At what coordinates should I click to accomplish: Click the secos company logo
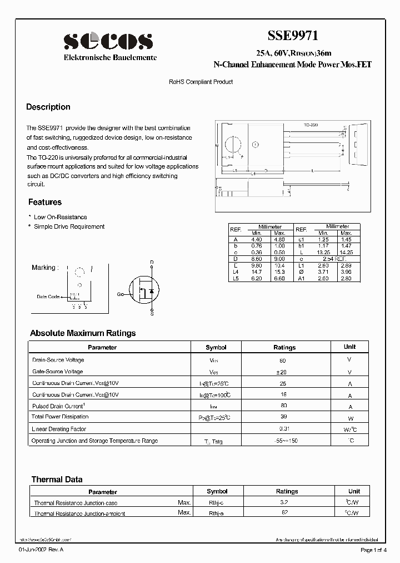coord(108,41)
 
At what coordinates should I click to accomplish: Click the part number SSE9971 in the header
coord(293,36)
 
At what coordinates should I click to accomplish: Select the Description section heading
coord(48,107)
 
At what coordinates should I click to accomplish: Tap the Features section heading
coord(45,202)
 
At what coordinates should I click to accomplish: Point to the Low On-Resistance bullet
coord(60,217)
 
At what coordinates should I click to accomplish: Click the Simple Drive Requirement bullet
coord(69,226)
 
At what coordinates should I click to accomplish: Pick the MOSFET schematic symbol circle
coord(144,290)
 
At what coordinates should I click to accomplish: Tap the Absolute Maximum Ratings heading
coord(83,333)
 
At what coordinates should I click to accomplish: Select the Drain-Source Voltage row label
coord(58,360)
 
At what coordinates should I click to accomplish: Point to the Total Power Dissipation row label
coord(60,417)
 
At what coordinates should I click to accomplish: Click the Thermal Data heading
coord(57,479)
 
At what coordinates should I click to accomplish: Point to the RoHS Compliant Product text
coord(201,82)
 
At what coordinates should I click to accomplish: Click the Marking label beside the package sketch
coord(44,268)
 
